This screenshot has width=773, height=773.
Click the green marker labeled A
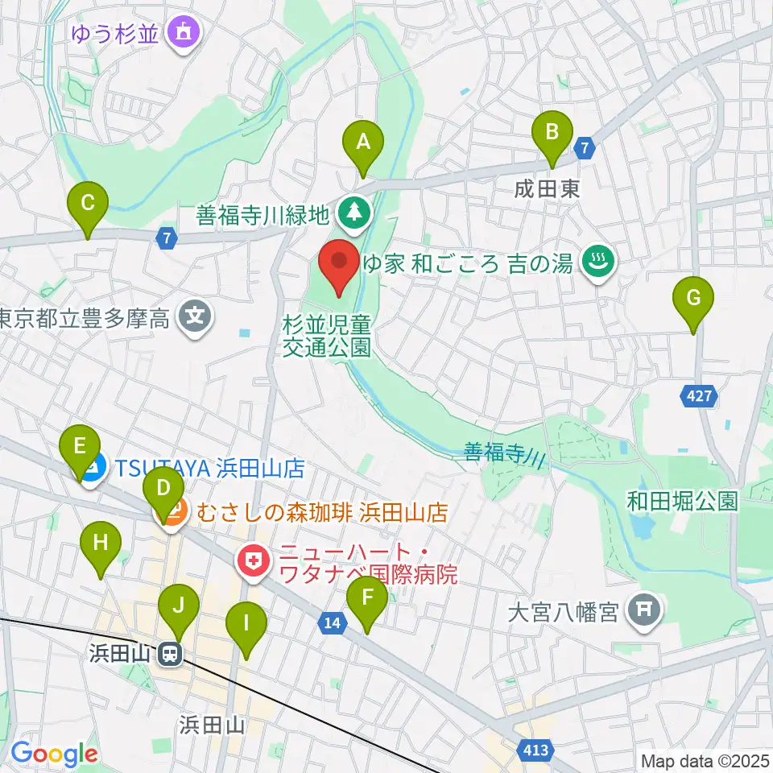[363, 143]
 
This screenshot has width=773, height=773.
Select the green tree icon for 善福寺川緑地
[352, 213]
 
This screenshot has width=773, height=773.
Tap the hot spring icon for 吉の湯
[597, 262]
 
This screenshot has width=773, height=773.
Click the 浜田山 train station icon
[170, 654]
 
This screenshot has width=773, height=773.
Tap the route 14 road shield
[333, 621]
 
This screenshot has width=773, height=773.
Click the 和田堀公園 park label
[683, 502]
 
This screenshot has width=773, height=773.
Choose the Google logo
[54, 754]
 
